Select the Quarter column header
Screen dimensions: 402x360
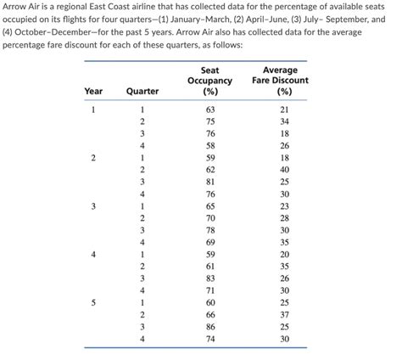[142, 91]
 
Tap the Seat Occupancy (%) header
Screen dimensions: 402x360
[209, 80]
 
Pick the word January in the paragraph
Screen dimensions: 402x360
[203, 24]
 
